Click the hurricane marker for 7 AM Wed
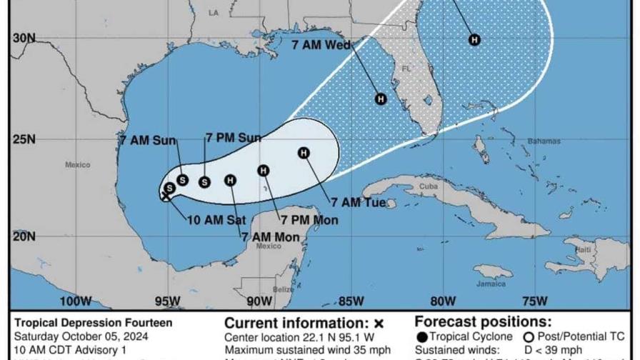click(381, 99)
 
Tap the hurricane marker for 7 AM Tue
click(304, 152)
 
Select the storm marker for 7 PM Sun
click(204, 181)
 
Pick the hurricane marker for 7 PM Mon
click(264, 170)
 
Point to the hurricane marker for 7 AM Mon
click(230, 181)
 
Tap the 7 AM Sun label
click(148, 140)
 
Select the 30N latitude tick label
click(24, 38)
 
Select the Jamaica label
click(488, 284)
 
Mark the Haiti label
click(584, 249)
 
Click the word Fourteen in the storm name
click(150, 323)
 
